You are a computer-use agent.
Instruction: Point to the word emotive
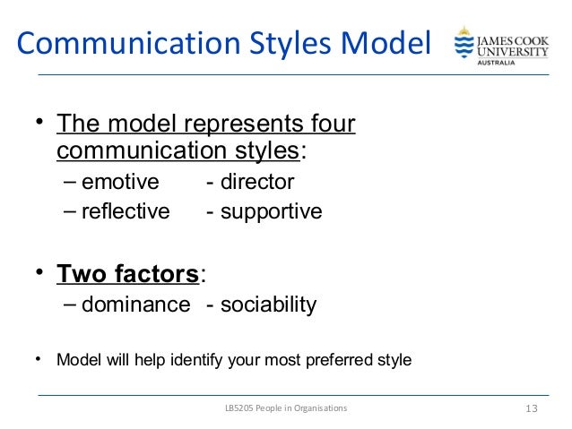click(119, 182)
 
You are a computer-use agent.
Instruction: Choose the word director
click(257, 182)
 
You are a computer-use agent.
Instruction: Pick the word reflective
click(125, 212)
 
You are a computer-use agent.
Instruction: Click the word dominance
click(135, 305)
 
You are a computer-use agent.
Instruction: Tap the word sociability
click(269, 305)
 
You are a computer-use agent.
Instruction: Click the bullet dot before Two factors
click(39, 270)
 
